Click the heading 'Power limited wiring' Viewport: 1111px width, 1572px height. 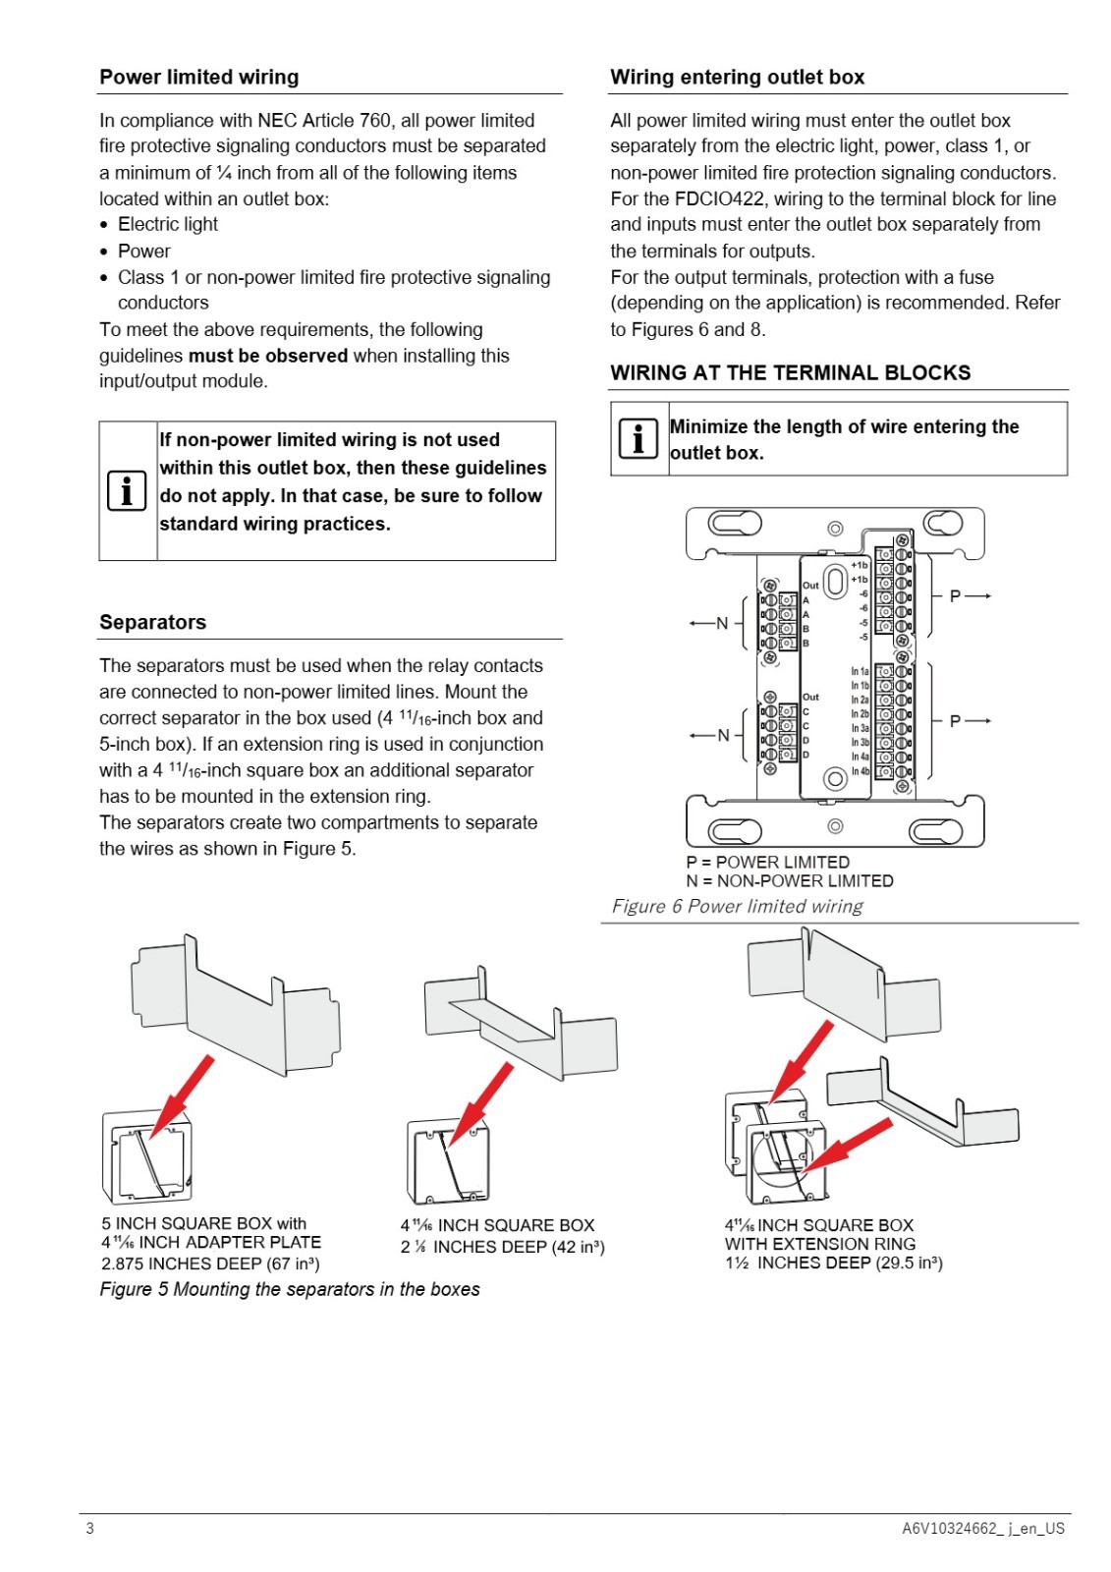198,77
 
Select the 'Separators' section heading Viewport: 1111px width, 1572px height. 152,622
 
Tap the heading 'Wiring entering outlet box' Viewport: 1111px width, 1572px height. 737,77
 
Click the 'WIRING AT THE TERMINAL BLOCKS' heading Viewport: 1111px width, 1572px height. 790,372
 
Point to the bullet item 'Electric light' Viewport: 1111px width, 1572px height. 168,225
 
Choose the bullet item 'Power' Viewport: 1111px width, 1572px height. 143,252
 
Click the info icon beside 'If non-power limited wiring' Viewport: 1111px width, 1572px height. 127,490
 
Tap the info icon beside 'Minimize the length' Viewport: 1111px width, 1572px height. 638,438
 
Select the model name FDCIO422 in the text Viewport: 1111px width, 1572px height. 719,198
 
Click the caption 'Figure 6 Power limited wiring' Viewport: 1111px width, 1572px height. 737,906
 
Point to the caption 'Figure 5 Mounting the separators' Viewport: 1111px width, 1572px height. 290,1289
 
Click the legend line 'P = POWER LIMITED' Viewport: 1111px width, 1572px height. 768,862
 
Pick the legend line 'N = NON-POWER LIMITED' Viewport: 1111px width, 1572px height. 790,880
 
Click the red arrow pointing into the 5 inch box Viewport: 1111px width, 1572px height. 181,1095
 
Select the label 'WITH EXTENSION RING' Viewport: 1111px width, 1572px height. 819,1244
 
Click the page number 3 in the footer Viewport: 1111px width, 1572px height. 89,1528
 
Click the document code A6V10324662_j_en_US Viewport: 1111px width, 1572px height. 982,1528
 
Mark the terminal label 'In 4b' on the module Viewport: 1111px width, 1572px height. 860,771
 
